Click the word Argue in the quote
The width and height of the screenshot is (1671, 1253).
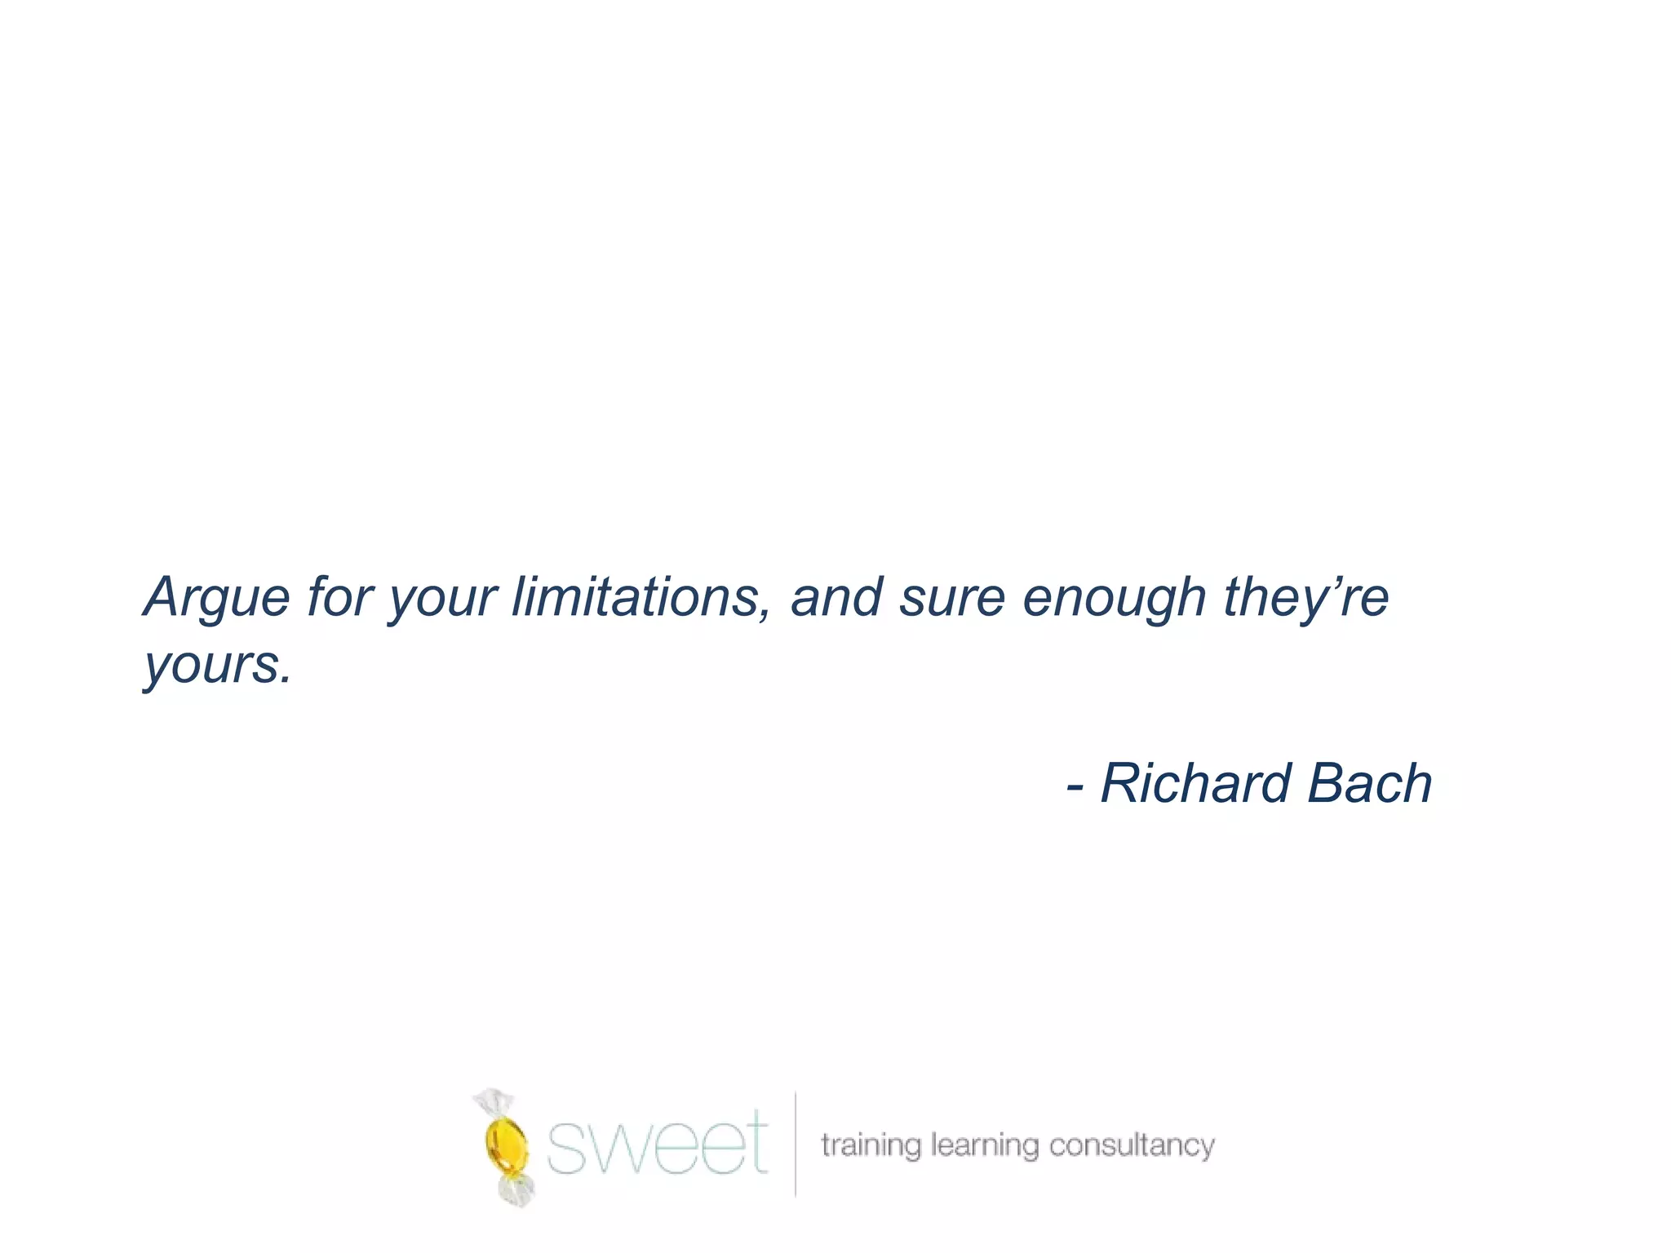click(x=217, y=598)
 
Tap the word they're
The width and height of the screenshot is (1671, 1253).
click(x=1305, y=598)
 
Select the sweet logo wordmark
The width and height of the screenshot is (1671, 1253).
click(x=656, y=1142)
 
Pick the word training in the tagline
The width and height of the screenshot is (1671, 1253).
click(x=871, y=1145)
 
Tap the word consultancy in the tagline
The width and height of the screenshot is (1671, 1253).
click(x=1132, y=1145)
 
